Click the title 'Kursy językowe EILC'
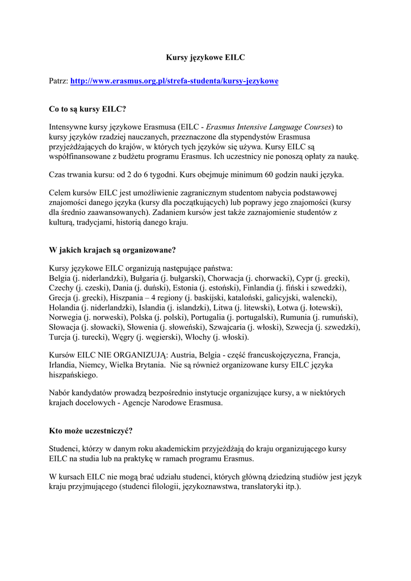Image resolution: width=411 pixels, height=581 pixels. pos(205,57)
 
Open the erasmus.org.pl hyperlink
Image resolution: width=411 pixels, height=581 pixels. pos(174,82)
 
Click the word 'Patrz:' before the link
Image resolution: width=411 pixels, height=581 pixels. pos(58,82)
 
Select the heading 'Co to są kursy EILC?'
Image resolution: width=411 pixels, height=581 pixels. pos(87,109)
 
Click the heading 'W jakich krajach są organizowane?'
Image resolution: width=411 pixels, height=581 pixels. pos(112,250)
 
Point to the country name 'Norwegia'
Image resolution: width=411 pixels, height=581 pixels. pos(65,317)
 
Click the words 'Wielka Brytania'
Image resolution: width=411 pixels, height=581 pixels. pos(134,365)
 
